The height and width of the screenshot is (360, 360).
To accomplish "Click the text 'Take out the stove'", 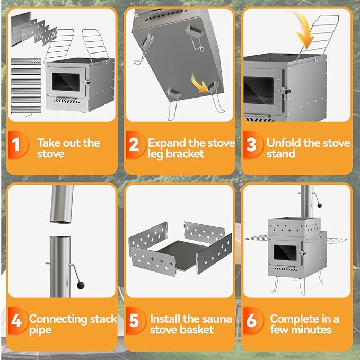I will click(68, 148).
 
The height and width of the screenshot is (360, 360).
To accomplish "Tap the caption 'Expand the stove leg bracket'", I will click(184, 148).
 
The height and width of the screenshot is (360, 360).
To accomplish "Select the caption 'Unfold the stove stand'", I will click(308, 148).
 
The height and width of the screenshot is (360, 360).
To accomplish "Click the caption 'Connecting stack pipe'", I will click(65, 324).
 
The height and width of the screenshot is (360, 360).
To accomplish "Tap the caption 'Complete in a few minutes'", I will click(304, 324).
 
